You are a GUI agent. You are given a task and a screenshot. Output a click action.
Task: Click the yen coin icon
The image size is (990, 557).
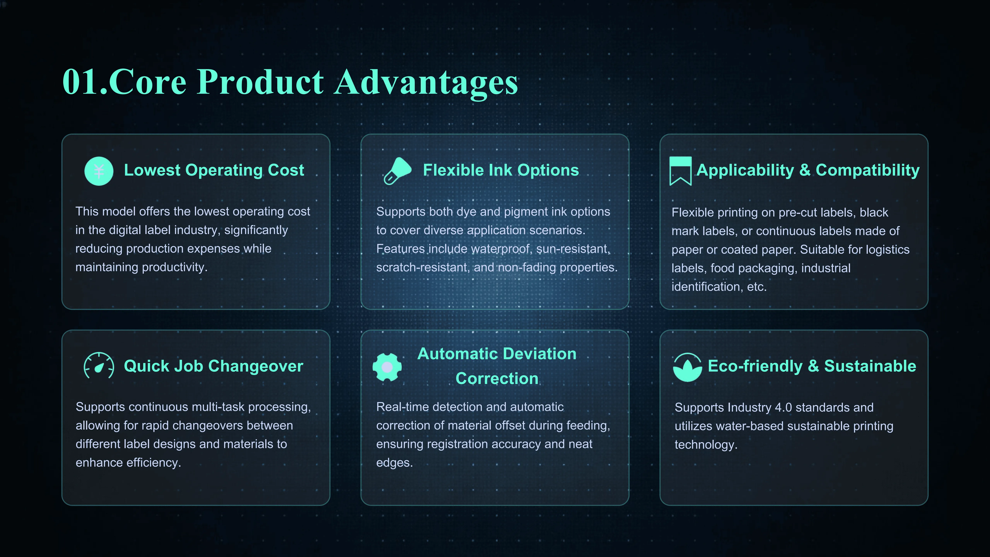pos(99,171)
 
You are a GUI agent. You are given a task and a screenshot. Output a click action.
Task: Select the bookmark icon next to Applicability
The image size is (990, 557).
pos(680,171)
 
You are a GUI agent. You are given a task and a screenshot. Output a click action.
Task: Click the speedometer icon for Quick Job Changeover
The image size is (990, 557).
pos(99,366)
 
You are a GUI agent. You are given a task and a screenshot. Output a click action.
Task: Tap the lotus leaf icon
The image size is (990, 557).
pos(687,367)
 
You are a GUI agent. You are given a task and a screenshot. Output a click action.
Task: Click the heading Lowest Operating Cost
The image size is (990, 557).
pos(214,170)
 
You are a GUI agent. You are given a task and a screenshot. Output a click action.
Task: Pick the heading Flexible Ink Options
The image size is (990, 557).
pos(501,170)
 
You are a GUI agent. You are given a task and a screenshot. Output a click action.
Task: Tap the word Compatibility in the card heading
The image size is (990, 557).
pos(867,170)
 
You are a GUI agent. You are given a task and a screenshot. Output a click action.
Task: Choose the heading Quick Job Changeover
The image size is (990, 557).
pos(213,366)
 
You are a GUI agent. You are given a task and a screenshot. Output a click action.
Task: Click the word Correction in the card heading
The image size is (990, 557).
pos(497,379)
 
